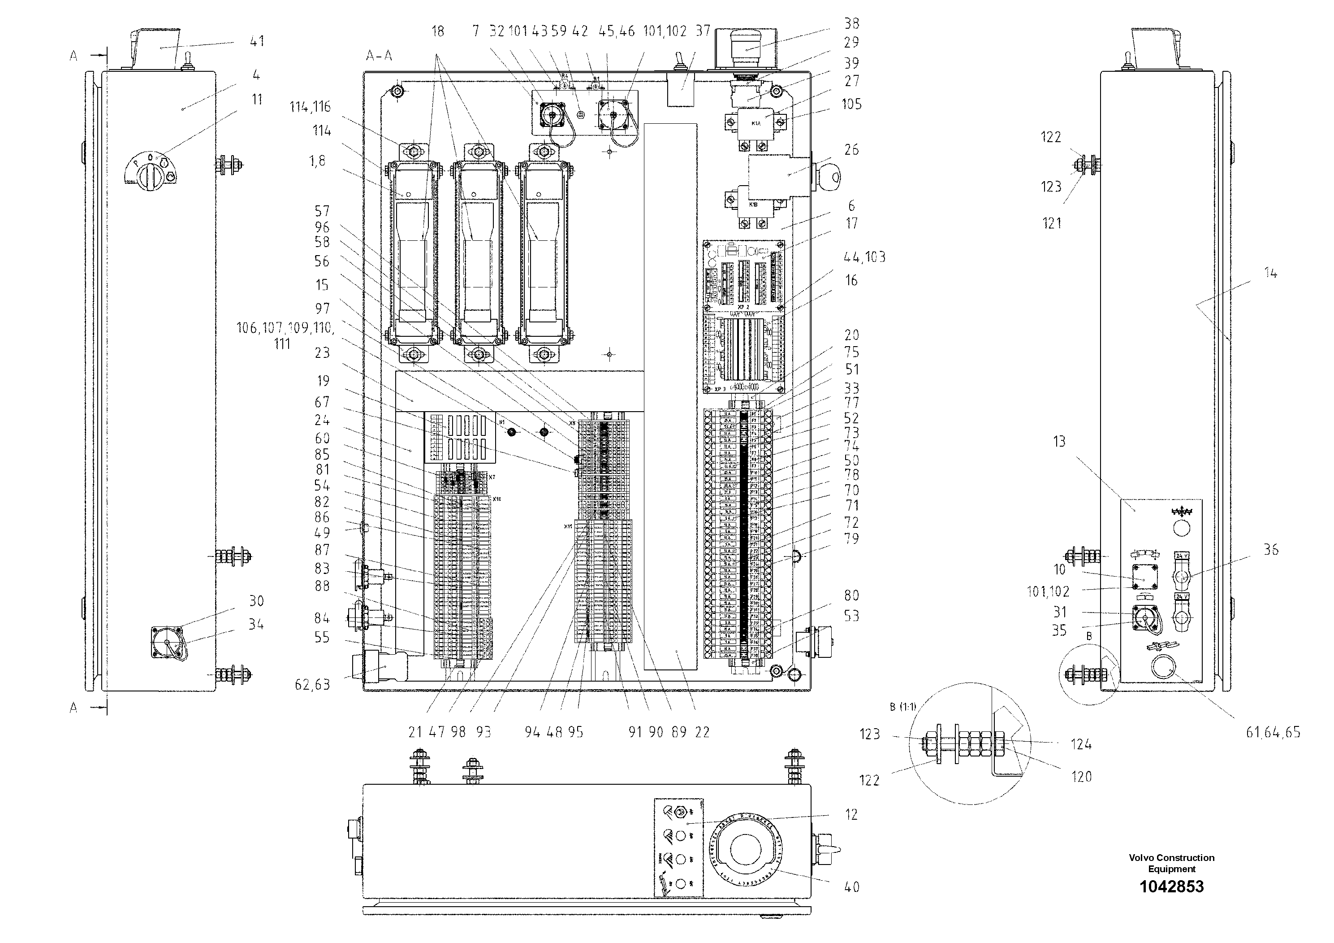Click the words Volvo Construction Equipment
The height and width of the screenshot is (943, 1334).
coord(1171,863)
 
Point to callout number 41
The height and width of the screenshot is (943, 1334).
coord(256,41)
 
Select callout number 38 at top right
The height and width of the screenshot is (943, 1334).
coord(851,23)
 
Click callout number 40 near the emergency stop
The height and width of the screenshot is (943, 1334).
coord(851,887)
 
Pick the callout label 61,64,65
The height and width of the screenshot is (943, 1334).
coord(1273,733)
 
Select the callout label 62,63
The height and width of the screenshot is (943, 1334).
coord(312,684)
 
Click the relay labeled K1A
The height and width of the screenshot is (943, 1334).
coord(756,123)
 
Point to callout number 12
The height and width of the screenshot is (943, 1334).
coord(851,814)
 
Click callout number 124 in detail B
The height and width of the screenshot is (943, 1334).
coord(1081,744)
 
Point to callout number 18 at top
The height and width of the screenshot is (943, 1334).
coord(437,31)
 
